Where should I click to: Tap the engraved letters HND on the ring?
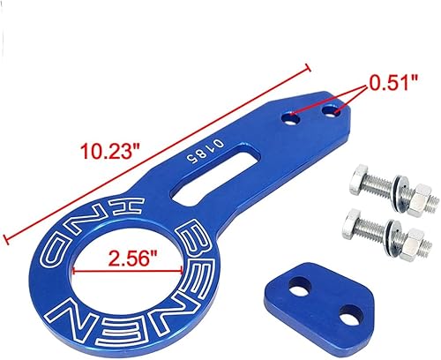[x=71, y=238]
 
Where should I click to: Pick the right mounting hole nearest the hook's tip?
[x=333, y=110]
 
